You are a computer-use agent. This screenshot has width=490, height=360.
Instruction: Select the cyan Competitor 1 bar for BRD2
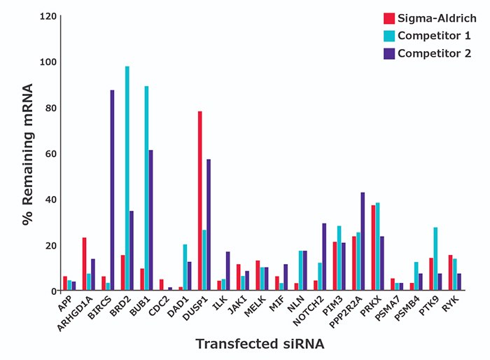[x=127, y=179]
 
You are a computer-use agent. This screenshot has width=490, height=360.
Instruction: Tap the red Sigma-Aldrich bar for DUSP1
[x=180, y=201]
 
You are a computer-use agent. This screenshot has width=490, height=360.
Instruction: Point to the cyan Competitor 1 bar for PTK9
[x=415, y=259]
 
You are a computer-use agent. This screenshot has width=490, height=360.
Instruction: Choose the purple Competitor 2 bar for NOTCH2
[x=324, y=257]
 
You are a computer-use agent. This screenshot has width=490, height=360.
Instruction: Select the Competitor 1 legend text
[x=434, y=36]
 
